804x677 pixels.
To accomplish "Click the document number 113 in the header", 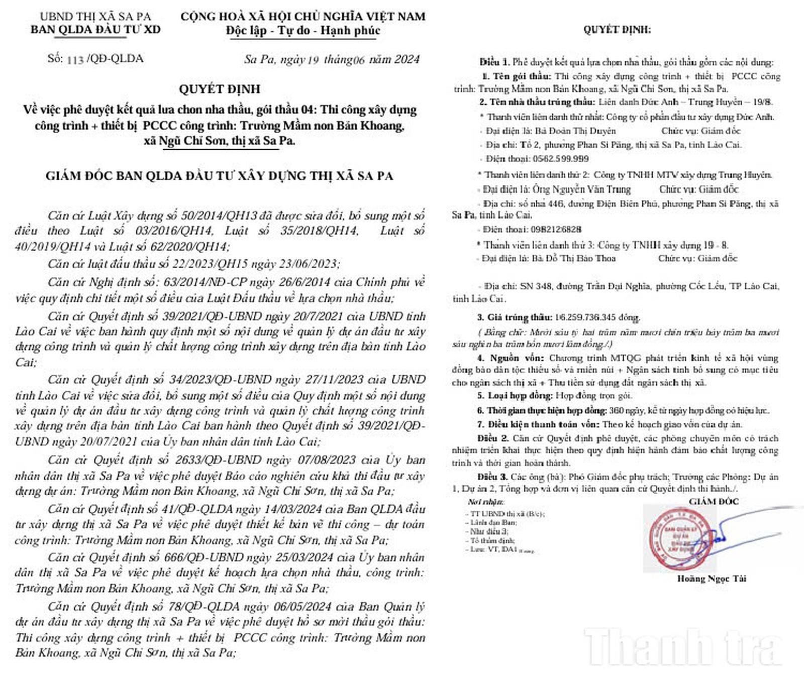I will click(75, 60).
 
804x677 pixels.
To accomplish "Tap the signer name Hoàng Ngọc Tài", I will click(712, 579).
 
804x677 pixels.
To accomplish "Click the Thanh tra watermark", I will click(683, 648).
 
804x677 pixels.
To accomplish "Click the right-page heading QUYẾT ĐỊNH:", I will click(617, 30).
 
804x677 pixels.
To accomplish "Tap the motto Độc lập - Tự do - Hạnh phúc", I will click(303, 31).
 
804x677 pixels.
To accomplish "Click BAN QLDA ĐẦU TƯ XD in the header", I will click(95, 30).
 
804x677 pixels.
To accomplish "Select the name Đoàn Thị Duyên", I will click(583, 131).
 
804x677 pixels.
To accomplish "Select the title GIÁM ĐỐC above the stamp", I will click(714, 501).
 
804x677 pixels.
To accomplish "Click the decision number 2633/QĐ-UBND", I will click(218, 460).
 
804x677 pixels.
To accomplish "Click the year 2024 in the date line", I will click(407, 60).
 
